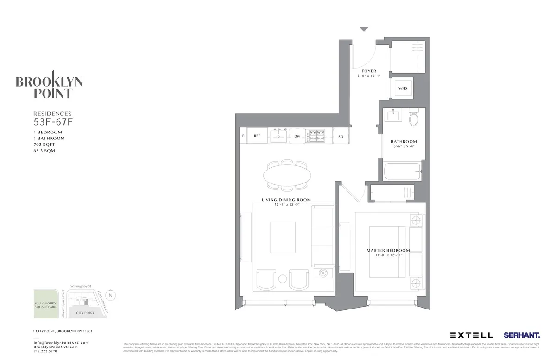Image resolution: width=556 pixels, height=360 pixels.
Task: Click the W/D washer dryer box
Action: (x=403, y=89)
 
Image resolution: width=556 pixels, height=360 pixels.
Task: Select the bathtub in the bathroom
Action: (x=402, y=171)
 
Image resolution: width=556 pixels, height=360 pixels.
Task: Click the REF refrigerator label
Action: (x=257, y=136)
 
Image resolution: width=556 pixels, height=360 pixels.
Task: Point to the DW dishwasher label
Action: (x=297, y=137)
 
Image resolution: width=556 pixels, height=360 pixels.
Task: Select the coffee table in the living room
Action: (x=283, y=237)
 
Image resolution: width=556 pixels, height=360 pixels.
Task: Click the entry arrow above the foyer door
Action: (x=364, y=29)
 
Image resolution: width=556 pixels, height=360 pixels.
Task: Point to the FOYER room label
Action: (x=369, y=71)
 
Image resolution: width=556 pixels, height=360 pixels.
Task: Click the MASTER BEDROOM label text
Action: (x=388, y=250)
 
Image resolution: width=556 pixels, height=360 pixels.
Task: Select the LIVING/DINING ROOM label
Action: (x=286, y=200)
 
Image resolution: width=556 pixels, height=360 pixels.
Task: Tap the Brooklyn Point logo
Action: (x=50, y=85)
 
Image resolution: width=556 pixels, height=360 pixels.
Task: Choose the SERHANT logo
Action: (x=521, y=335)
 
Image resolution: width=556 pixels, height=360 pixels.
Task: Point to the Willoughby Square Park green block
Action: (x=46, y=304)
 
